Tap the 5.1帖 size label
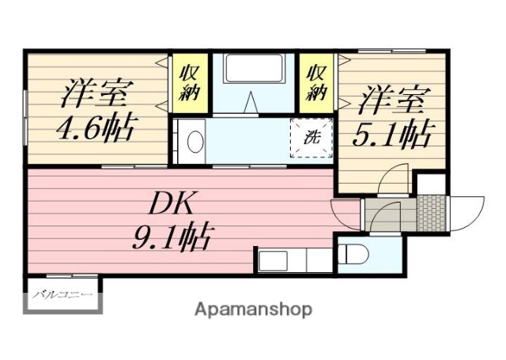[394, 136]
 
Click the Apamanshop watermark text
[253, 309]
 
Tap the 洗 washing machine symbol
[312, 135]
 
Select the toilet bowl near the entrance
[353, 255]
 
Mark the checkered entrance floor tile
[431, 211]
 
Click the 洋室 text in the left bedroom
[95, 93]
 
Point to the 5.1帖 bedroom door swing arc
[393, 181]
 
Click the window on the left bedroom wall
[25, 116]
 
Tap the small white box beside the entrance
[432, 182]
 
